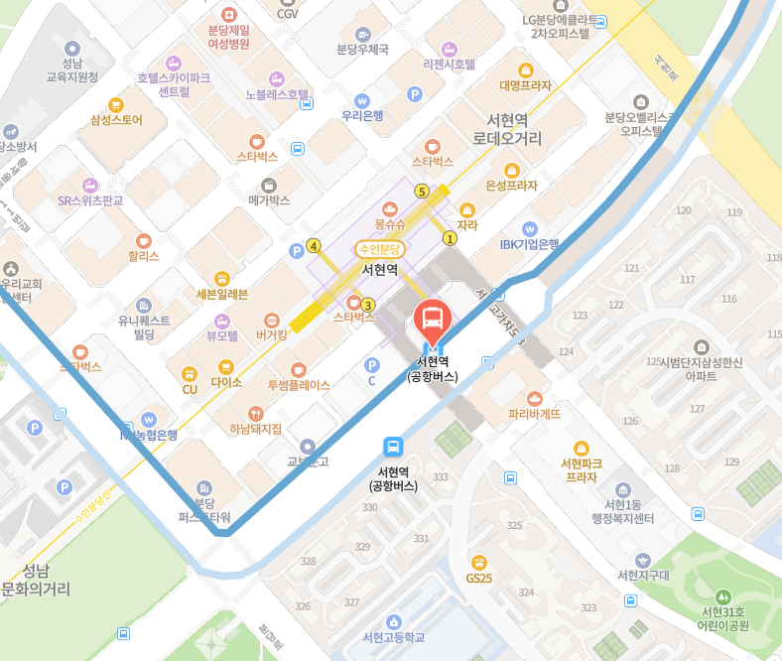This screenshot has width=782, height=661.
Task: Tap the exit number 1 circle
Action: pos(450,238)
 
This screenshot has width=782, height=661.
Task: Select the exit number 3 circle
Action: pos(368,305)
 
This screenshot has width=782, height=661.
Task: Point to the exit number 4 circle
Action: pos(314,246)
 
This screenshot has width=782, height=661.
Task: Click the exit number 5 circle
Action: pos(422,192)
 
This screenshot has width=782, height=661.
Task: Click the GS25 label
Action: pos(478,578)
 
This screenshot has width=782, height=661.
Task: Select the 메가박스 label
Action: pos(269,199)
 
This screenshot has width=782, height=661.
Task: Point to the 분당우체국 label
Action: pos(362,50)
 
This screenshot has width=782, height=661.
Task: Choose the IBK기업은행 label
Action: pos(529,244)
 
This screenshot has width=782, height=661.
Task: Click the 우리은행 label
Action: pos(362,115)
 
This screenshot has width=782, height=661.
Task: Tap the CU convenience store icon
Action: pos(189,373)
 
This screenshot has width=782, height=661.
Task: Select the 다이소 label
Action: pos(226,381)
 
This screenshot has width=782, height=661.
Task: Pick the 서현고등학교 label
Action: pos(394,636)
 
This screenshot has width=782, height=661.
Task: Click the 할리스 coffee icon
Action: pos(143,240)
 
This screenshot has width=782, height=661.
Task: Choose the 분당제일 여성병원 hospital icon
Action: pos(229,15)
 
